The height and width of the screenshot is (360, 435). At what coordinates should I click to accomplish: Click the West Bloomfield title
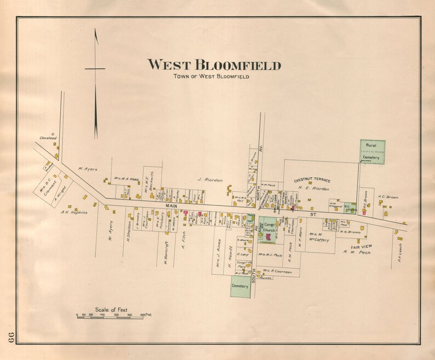click(x=214, y=65)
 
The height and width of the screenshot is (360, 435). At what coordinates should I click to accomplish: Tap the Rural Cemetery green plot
click(x=373, y=151)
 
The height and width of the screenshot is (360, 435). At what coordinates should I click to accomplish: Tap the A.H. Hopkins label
click(x=74, y=213)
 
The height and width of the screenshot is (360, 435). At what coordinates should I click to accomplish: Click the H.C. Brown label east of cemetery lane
click(x=388, y=197)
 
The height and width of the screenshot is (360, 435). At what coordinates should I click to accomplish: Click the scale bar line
click(x=110, y=317)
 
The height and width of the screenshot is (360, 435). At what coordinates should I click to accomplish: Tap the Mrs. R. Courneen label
click(x=277, y=271)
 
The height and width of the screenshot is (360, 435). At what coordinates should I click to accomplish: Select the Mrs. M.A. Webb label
click(x=126, y=178)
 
